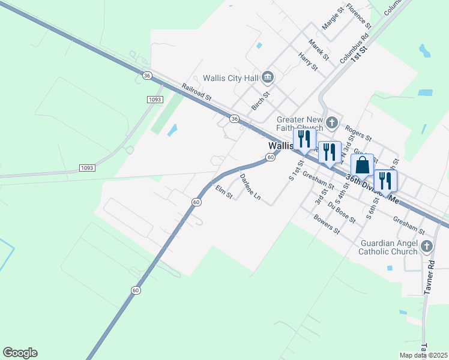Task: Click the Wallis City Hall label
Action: point(230,77)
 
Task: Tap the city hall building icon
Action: point(268,77)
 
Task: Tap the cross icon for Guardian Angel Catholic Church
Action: point(426,246)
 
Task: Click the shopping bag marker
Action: point(362,165)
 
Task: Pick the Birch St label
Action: point(261,100)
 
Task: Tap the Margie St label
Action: point(333,18)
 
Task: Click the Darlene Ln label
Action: point(250,187)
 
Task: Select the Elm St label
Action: point(224,193)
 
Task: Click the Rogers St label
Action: point(358,134)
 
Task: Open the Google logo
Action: point(20,353)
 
